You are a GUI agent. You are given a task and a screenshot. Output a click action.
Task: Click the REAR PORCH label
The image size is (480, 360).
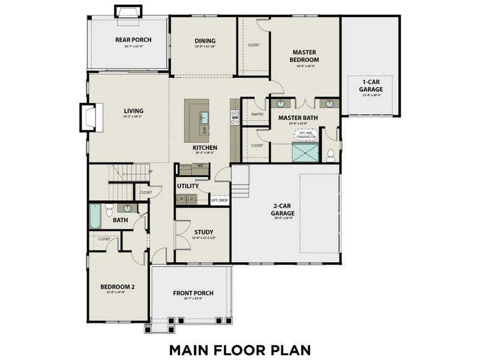(x=133, y=40)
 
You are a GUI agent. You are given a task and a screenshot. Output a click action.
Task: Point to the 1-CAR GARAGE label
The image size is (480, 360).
(x=371, y=85)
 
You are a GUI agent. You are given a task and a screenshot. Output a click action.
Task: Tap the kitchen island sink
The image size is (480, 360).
(x=204, y=116)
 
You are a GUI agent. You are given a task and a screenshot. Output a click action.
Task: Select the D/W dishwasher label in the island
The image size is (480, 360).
(x=204, y=129)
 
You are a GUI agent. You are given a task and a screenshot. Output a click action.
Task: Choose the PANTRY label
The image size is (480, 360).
(x=257, y=113)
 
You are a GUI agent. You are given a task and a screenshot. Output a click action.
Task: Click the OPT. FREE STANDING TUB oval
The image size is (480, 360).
(x=306, y=134)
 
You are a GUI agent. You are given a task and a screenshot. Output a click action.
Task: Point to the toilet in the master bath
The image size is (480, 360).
(x=330, y=155)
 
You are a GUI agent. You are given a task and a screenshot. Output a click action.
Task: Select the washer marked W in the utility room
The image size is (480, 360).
(x=182, y=198)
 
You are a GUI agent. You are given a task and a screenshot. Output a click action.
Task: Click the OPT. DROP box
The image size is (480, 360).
(x=220, y=200)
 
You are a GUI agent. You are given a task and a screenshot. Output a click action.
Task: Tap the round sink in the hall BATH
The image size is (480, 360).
(x=128, y=208)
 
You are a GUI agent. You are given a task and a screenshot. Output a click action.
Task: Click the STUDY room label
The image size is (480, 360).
(x=203, y=232)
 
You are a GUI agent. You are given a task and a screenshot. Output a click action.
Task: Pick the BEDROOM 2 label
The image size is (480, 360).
(x=117, y=287)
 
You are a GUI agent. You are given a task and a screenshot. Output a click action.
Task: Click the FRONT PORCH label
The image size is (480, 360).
(x=193, y=293)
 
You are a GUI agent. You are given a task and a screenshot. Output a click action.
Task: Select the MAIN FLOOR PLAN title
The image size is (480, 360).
(x=239, y=349)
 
